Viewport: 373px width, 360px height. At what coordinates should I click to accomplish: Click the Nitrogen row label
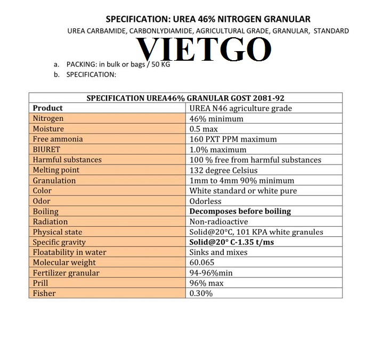pos(48,119)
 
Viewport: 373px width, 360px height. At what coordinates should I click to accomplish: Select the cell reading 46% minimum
pos(216,119)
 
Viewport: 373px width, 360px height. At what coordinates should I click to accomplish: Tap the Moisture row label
pos(48,129)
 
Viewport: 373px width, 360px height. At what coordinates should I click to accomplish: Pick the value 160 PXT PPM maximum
pos(233,139)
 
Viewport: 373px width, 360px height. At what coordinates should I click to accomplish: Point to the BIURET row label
pos(47,150)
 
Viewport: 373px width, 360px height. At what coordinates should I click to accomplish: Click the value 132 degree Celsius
pos(224,170)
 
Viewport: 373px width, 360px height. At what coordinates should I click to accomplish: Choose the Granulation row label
pos(54,181)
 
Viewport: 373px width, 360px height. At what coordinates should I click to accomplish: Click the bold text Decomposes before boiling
pos(240,211)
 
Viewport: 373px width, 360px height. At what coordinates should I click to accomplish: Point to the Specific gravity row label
pos(59,242)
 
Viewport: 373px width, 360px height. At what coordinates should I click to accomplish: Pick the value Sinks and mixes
pos(218,252)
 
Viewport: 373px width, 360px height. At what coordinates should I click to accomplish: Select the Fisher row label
pos(44,293)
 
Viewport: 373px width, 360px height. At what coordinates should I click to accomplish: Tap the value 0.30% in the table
pos(201,293)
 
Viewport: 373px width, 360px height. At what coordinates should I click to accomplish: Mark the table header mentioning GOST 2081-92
pos(185,98)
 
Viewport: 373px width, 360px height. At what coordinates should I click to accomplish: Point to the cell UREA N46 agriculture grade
pos(241,108)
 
